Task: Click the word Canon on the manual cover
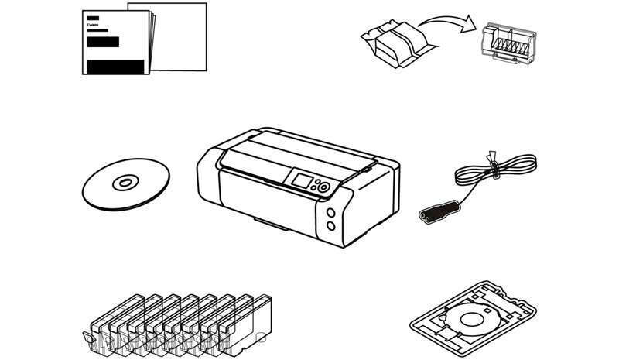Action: (x=94, y=25)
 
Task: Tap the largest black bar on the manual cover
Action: (x=116, y=67)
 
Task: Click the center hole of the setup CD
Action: (x=124, y=184)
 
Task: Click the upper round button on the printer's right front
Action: (x=331, y=214)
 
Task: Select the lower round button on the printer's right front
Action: (x=331, y=225)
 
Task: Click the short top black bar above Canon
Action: (x=94, y=17)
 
